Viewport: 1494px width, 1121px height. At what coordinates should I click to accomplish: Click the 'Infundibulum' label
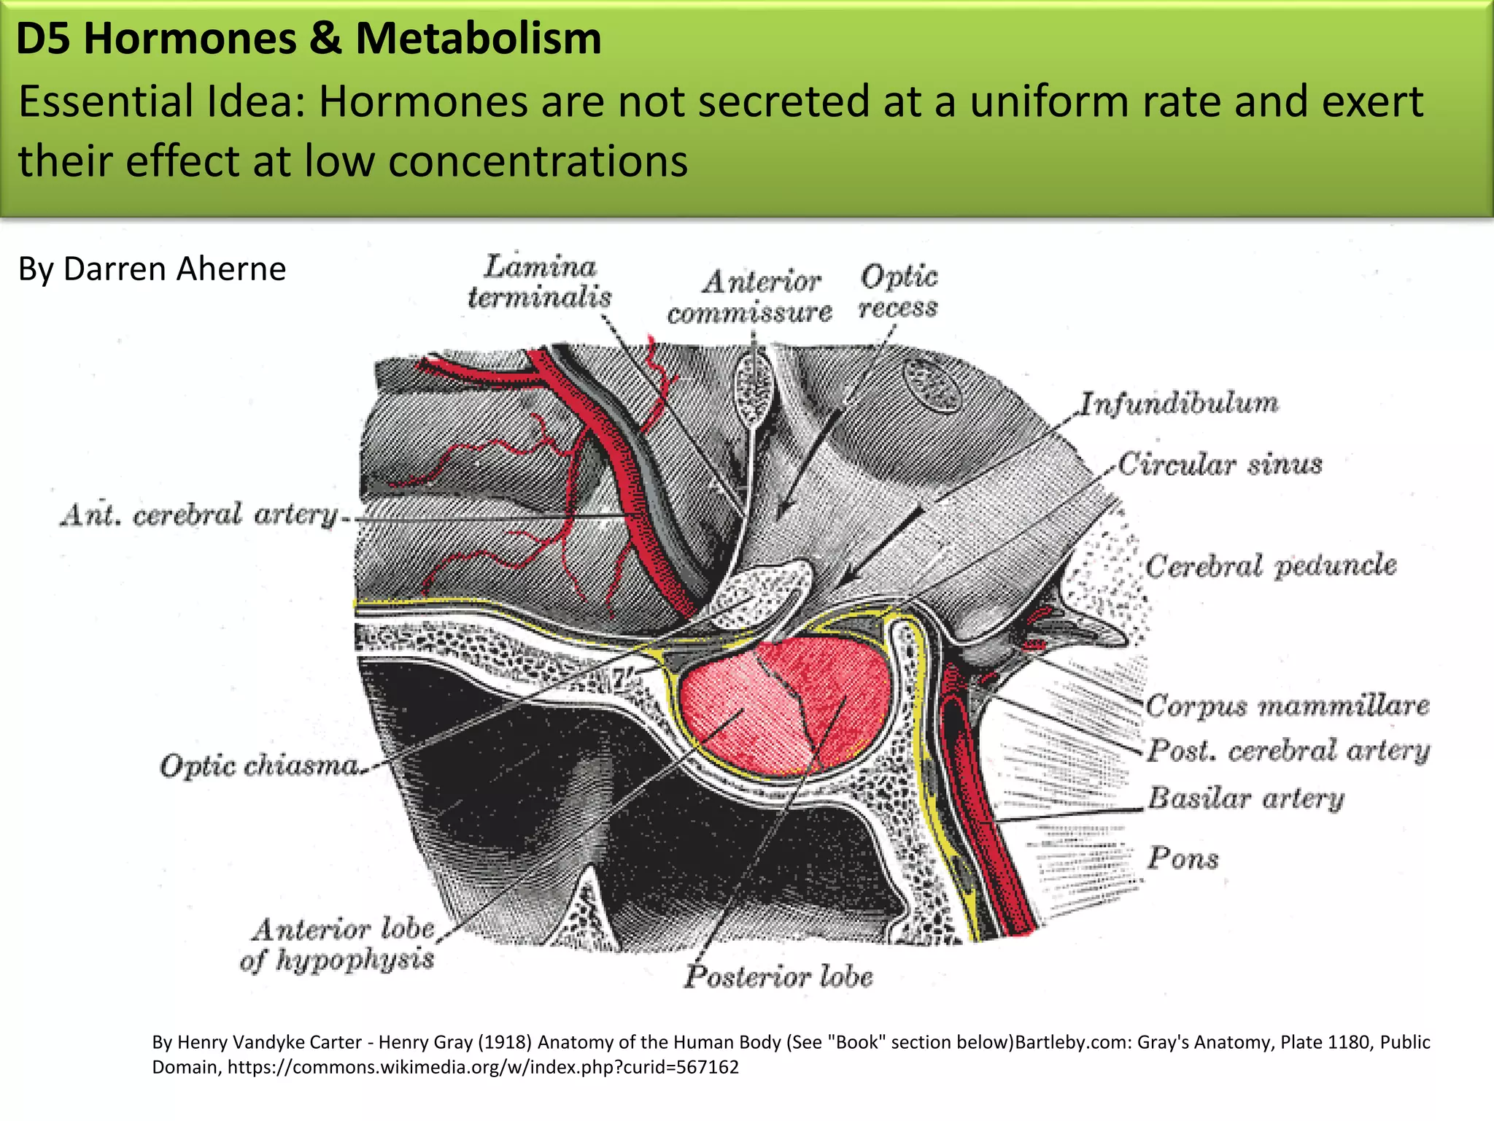1179,403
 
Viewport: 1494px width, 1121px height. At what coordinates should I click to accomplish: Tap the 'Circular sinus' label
1220,464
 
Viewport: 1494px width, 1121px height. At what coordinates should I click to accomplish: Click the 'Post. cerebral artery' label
1288,751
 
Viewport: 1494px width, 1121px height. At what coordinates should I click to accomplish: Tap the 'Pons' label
1183,858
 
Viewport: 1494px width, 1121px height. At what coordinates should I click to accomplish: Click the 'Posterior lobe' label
778,976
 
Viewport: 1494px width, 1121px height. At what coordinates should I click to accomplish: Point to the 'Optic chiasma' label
260,766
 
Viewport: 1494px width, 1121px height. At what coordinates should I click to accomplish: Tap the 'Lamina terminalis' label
540,282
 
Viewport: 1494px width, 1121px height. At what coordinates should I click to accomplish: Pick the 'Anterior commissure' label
750,297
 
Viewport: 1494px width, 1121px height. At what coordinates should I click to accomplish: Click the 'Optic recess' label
899,291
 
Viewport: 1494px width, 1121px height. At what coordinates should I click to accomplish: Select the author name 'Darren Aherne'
174,269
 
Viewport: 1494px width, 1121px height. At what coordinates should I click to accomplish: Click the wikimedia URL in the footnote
483,1067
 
